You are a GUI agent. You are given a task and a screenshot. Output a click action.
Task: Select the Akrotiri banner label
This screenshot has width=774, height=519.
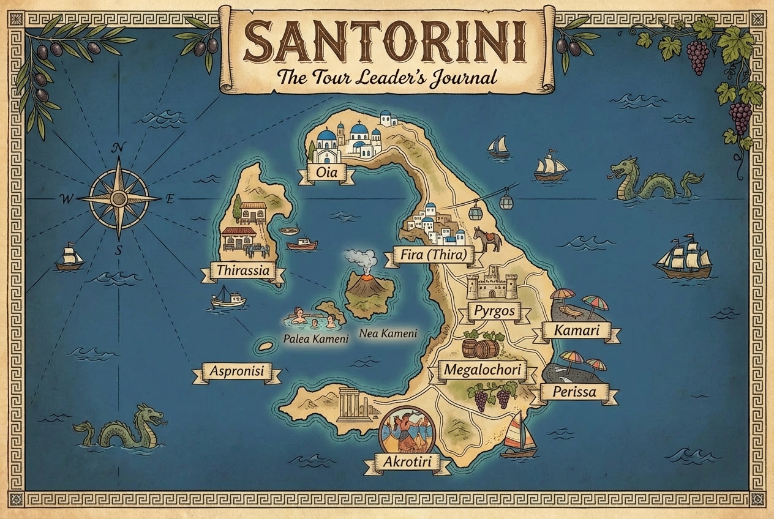(x=407, y=463)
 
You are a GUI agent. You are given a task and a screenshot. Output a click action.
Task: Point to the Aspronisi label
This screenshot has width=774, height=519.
(x=236, y=372)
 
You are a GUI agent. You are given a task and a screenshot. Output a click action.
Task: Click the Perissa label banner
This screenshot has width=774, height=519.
(x=574, y=392)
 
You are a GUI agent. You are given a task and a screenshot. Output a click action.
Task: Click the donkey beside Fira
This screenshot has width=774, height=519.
(x=487, y=239)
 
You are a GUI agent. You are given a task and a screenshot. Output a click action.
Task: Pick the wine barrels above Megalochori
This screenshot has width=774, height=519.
(x=481, y=348)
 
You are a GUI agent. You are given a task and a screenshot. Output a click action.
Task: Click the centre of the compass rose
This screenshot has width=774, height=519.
(x=119, y=198)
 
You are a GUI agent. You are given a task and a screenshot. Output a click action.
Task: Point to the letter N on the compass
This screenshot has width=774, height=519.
(x=119, y=147)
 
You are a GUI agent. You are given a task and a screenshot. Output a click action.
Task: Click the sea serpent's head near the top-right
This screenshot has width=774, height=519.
(x=623, y=167)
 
